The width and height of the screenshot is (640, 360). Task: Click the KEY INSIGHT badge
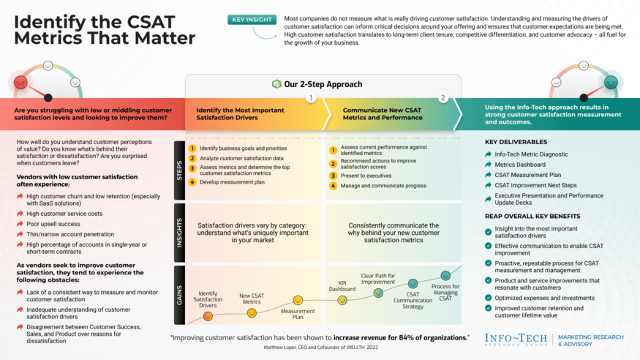pyautogui.click(x=253, y=20)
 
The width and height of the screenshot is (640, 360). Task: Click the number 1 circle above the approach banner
pyautogui.click(x=310, y=97)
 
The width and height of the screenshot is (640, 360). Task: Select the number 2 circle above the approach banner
pyautogui.click(x=443, y=97)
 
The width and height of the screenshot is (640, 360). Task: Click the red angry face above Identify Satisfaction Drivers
pyautogui.click(x=208, y=317)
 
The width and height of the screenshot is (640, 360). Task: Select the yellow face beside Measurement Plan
pyautogui.click(x=298, y=300)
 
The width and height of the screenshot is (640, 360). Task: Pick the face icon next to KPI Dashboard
pyautogui.click(x=342, y=300)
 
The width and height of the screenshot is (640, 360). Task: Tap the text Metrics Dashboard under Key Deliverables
pyautogui.click(x=520, y=165)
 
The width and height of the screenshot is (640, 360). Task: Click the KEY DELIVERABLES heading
pyautogui.click(x=516, y=141)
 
